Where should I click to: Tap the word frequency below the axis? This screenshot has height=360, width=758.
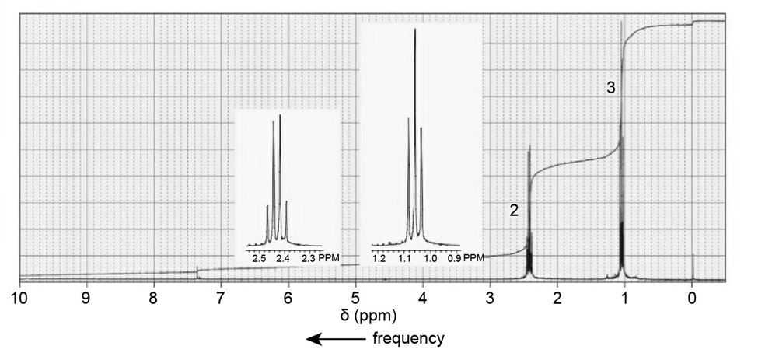click(x=408, y=338)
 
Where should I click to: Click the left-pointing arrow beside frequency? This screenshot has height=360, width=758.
click(x=334, y=339)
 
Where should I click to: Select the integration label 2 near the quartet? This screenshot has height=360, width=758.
click(x=514, y=210)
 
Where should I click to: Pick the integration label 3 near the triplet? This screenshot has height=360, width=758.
click(x=611, y=89)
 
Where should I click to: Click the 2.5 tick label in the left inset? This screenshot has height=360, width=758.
click(x=259, y=257)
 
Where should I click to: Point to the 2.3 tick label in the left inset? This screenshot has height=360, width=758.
click(x=308, y=257)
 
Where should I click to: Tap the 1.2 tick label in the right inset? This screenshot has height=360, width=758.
click(x=379, y=257)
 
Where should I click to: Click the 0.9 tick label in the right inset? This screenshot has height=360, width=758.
click(x=454, y=257)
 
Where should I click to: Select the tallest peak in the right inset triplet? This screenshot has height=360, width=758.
click(x=415, y=31)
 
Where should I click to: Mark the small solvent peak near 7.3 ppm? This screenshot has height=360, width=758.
click(x=197, y=271)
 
